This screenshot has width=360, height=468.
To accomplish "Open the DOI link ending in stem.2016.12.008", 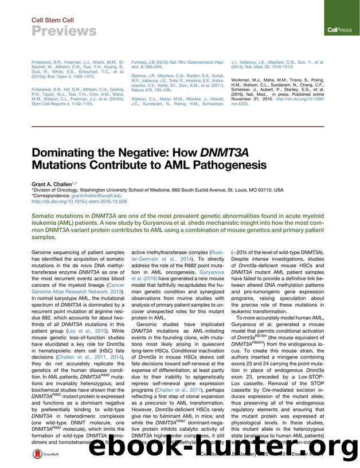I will tap(79, 201).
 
